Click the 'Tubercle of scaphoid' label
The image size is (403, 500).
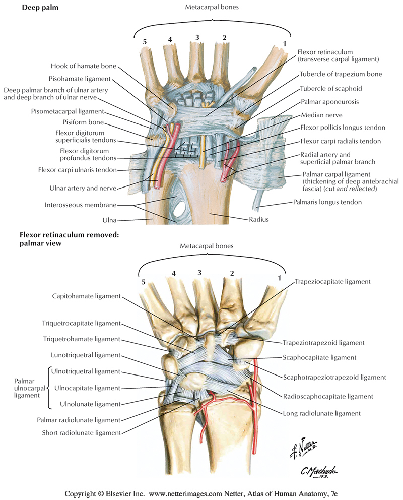coord(331,88)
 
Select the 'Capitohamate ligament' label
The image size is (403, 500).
coord(85,296)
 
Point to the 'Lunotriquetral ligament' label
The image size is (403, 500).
coord(85,355)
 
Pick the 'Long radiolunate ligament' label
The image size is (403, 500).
coord(322,413)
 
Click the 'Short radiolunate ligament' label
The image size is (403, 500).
coord(85,432)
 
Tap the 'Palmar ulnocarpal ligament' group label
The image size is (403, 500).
coord(24,388)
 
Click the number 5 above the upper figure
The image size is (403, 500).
coord(145,42)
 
